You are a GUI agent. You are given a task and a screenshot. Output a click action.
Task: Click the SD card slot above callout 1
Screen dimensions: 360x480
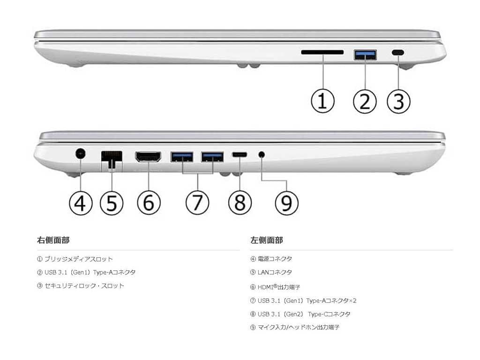(x=322, y=52)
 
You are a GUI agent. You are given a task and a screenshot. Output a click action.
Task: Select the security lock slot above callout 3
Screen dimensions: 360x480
(x=398, y=53)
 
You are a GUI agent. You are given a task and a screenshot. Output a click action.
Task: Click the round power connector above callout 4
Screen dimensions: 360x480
(x=81, y=153)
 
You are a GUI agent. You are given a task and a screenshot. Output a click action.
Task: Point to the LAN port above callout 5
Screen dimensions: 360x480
(x=112, y=157)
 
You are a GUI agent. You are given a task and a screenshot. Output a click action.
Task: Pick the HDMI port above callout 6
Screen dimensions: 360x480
(x=148, y=157)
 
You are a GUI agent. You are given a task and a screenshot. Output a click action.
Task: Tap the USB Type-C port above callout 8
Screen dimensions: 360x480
(x=240, y=154)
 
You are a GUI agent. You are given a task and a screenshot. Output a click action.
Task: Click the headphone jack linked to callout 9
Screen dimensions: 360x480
(x=261, y=154)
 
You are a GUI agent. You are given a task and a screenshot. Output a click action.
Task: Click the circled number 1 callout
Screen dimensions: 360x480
(x=323, y=101)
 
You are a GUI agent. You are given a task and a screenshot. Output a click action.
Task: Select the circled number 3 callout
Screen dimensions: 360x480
(x=398, y=101)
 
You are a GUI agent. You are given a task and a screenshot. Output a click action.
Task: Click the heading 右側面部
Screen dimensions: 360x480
(x=53, y=240)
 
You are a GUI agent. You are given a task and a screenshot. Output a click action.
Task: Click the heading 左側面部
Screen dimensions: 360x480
(x=266, y=240)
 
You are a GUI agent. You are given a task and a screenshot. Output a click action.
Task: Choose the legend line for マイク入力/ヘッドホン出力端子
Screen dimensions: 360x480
(x=295, y=327)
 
